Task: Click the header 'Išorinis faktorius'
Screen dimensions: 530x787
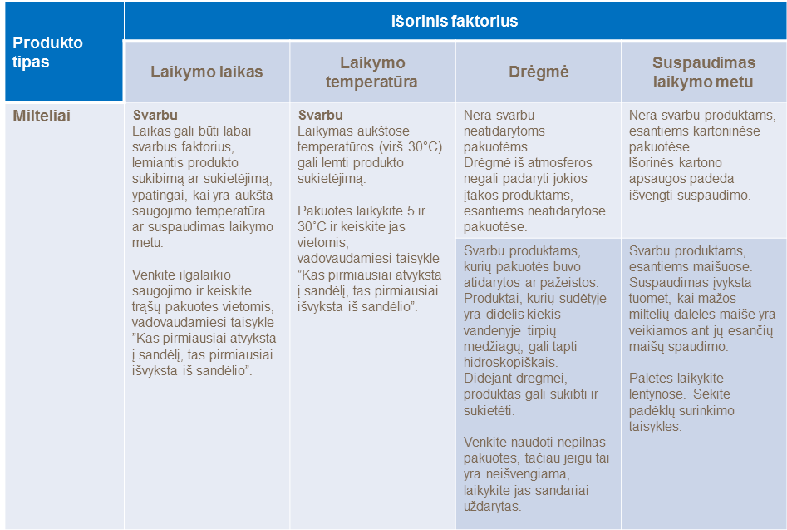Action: pyautogui.click(x=455, y=21)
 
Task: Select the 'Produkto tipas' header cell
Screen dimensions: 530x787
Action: pyautogui.click(x=48, y=52)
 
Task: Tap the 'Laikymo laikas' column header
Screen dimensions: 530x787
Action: pyautogui.click(x=206, y=72)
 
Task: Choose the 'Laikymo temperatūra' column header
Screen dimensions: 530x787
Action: pyautogui.click(x=371, y=72)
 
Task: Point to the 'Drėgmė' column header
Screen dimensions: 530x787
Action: pyautogui.click(x=538, y=72)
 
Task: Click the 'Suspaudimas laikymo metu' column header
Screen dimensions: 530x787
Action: pyautogui.click(x=703, y=72)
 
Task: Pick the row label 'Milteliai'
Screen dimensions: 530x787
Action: pyautogui.click(x=42, y=116)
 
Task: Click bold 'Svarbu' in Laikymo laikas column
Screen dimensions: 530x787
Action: pyautogui.click(x=155, y=116)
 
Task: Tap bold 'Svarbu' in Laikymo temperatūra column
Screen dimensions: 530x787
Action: pyautogui.click(x=321, y=116)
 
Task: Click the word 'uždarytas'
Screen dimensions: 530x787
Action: pyautogui.click(x=493, y=506)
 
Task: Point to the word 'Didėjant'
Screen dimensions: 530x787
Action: pyautogui.click(x=489, y=379)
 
